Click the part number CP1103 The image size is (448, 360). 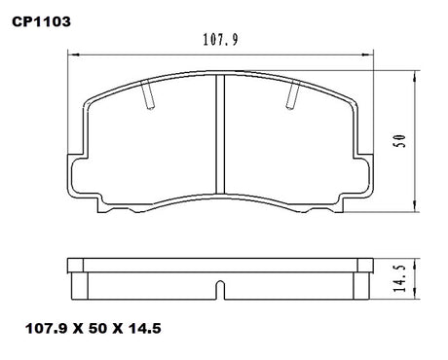(41, 21)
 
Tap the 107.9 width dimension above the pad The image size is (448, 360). (221, 40)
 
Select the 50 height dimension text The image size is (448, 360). (401, 141)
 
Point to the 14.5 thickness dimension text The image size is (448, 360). (401, 278)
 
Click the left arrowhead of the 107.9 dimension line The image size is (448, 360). (74, 54)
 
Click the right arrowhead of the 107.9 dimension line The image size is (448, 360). (366, 54)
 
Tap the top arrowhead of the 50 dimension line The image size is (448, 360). (414, 77)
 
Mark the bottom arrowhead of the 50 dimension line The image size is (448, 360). (414, 205)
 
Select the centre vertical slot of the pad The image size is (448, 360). (220, 134)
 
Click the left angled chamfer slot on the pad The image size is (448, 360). (148, 94)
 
